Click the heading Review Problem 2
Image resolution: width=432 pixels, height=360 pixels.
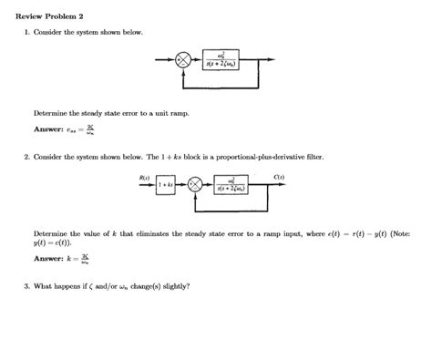coord(51,16)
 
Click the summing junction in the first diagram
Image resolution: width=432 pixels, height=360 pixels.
coord(183,62)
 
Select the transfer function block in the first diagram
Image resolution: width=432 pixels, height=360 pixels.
coord(222,62)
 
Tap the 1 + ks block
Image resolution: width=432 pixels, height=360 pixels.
coord(165,185)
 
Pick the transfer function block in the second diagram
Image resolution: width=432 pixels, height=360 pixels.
coord(238,185)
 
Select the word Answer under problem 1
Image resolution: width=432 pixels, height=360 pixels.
coord(48,129)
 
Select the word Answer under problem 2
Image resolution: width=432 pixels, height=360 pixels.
coord(48,260)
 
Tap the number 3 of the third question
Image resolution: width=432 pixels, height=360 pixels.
coord(27,286)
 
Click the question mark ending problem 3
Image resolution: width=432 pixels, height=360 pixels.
coord(188,286)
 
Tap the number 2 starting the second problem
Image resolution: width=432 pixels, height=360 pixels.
coord(27,157)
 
